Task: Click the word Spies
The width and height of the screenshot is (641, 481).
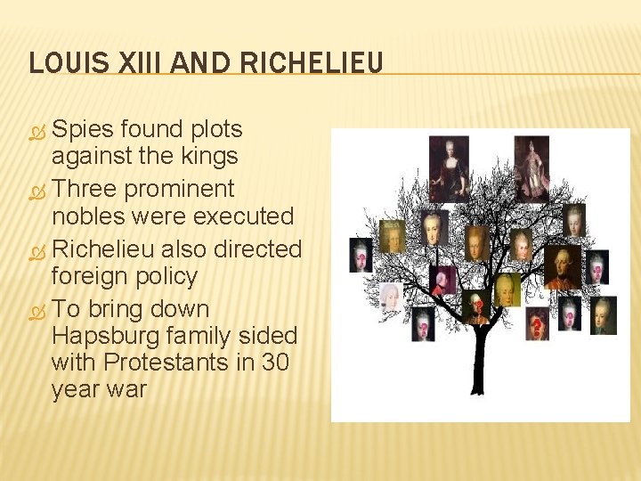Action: point(85,129)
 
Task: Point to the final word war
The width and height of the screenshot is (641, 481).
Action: point(125,389)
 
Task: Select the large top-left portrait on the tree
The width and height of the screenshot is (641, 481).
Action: point(449,167)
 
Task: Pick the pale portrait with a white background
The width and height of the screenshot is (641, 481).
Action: point(391,296)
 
